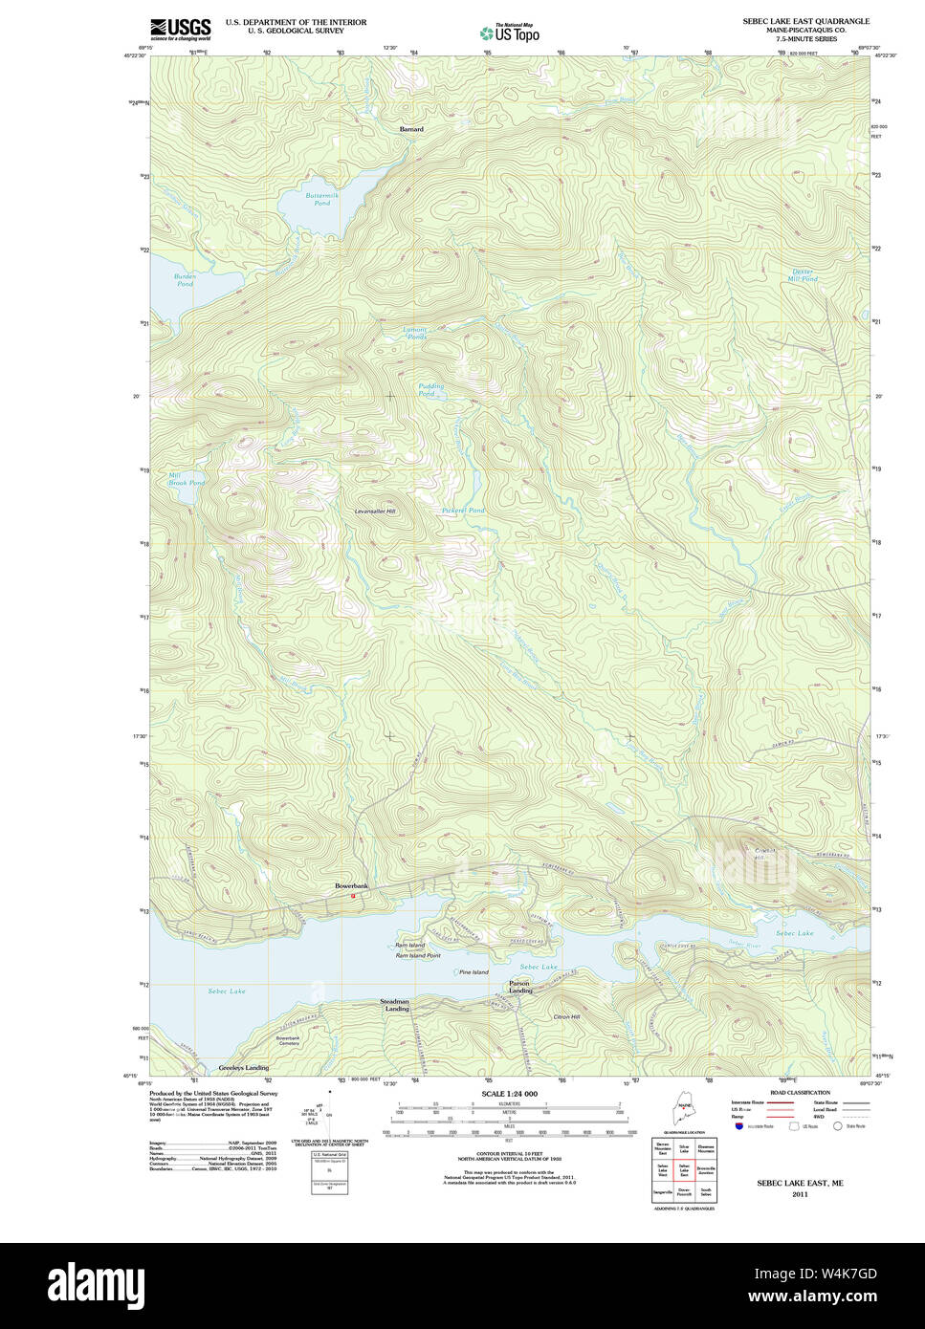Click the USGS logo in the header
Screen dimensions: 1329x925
(181, 28)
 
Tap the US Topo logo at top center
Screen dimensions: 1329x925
(510, 33)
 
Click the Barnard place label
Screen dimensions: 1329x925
(411, 128)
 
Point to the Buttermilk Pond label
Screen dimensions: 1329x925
(318, 199)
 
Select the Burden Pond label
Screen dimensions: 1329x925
(185, 280)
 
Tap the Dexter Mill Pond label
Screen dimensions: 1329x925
(803, 275)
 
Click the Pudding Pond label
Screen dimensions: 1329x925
(430, 390)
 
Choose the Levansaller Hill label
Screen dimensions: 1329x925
(375, 512)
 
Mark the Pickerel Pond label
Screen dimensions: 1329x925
(463, 511)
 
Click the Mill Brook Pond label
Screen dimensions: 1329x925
(187, 479)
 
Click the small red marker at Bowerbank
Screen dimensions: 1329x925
(353, 896)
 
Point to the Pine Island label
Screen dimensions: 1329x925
(474, 972)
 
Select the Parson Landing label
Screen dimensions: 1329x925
(520, 987)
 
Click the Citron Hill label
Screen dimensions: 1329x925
(566, 1016)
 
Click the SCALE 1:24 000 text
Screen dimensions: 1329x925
(509, 1094)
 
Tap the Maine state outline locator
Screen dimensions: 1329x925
(683, 1112)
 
